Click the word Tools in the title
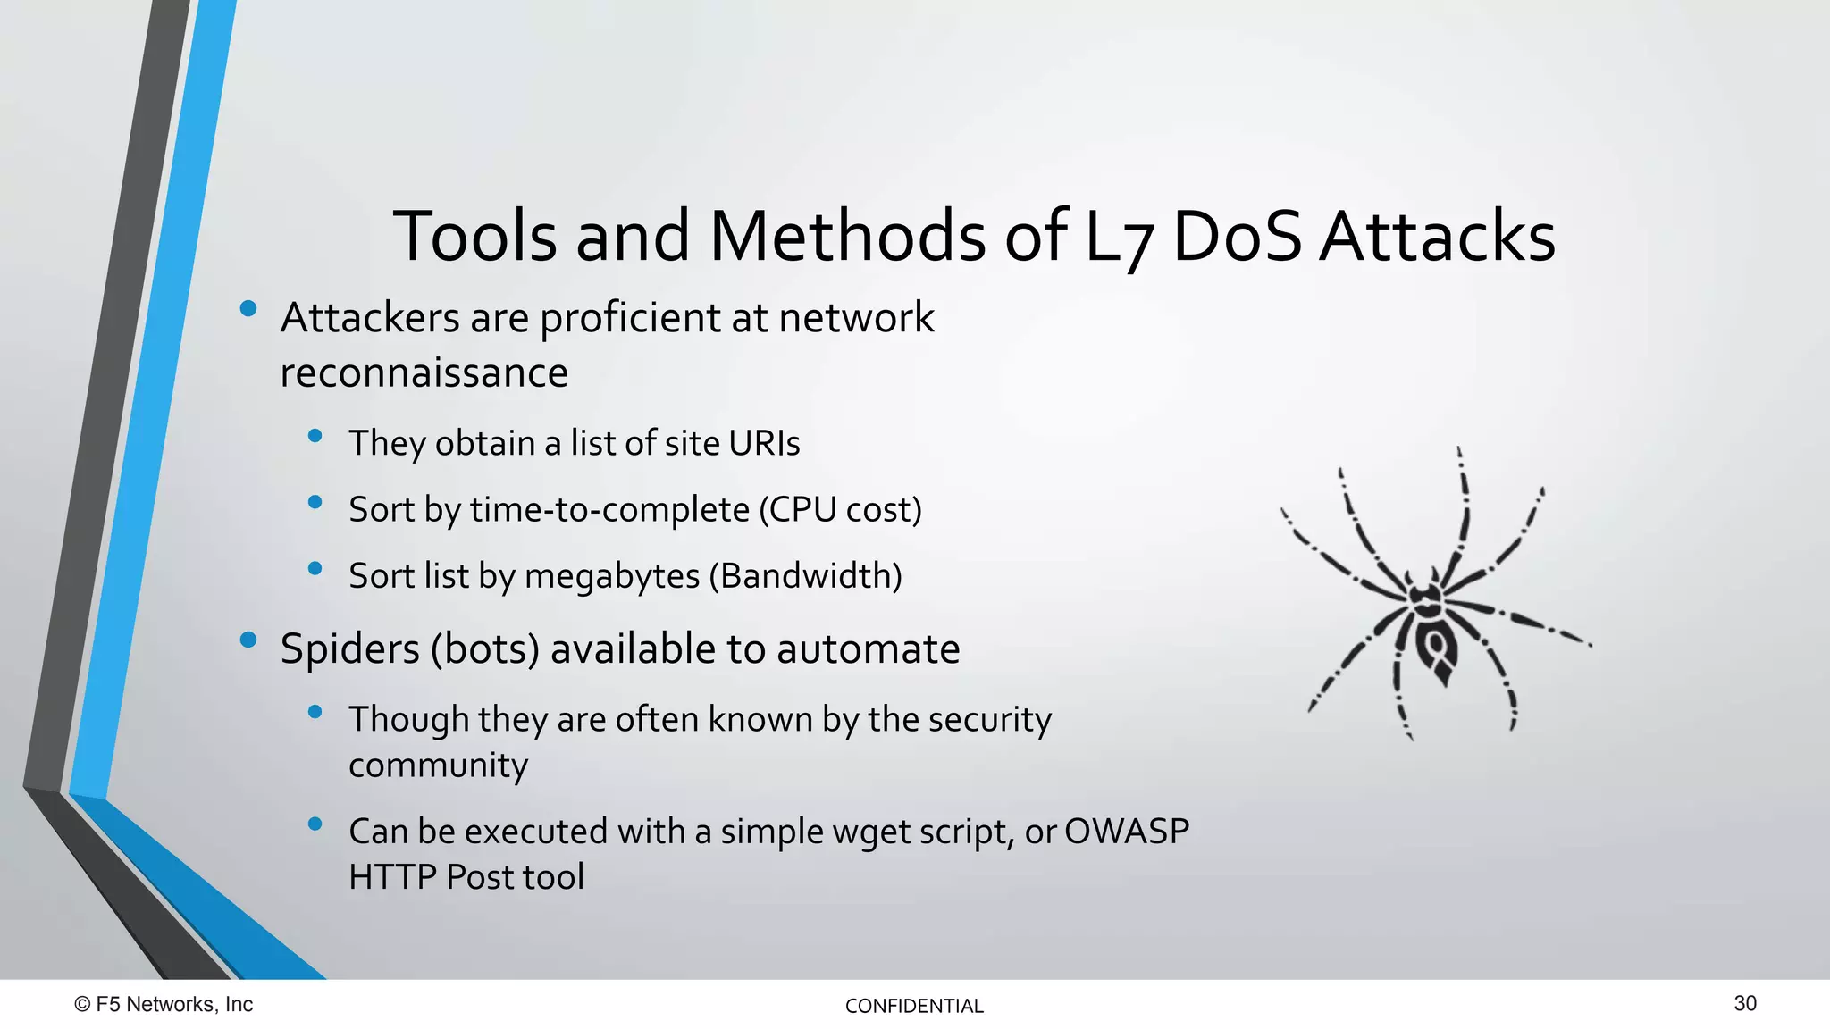coord(474,237)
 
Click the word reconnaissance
coord(424,373)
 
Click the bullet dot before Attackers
coord(248,310)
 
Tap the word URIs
coord(764,443)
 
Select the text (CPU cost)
coord(840,510)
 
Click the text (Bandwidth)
coord(805,576)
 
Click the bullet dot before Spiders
coord(248,640)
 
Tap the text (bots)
coord(484,649)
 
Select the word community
coord(438,766)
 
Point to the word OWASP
coord(1127,832)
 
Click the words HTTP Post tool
coord(466,877)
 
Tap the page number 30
coord(1744,1004)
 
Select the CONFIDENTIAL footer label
coord(913,1007)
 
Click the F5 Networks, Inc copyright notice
coord(164,1005)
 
